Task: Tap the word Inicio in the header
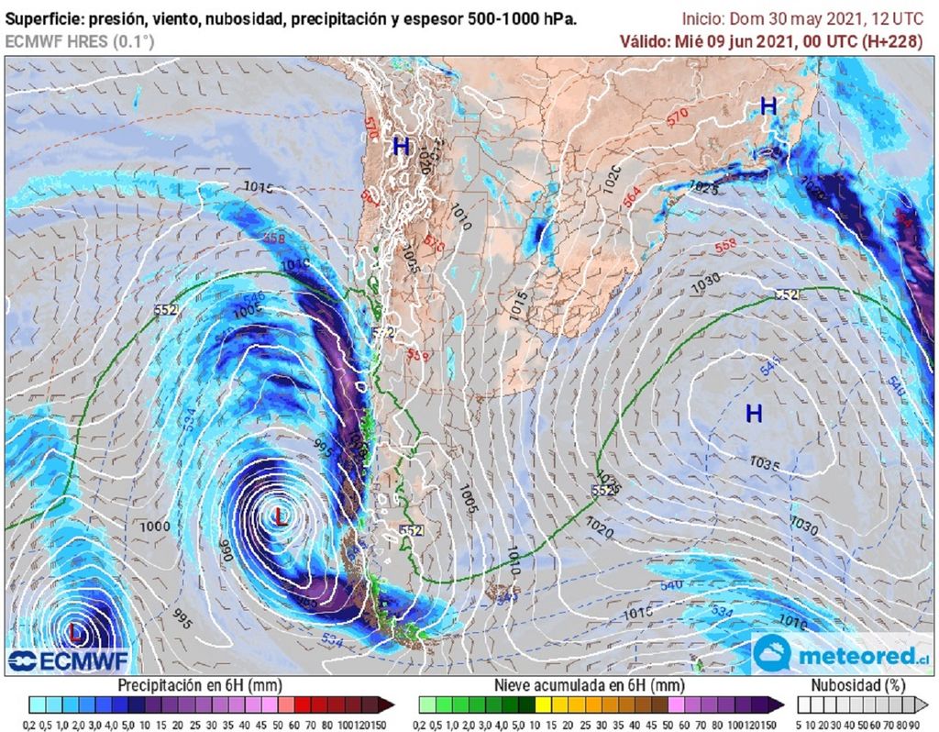[x=703, y=18]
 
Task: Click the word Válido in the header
[x=644, y=40]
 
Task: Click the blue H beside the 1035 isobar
[x=754, y=414]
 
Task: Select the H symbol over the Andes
[x=401, y=146]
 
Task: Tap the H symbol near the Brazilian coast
[x=768, y=107]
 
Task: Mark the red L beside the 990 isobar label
[x=281, y=516]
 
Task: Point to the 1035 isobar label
[x=764, y=464]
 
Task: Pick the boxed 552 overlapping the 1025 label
[x=602, y=491]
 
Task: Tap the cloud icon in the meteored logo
[x=773, y=653]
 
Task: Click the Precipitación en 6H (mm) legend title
[x=200, y=685]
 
